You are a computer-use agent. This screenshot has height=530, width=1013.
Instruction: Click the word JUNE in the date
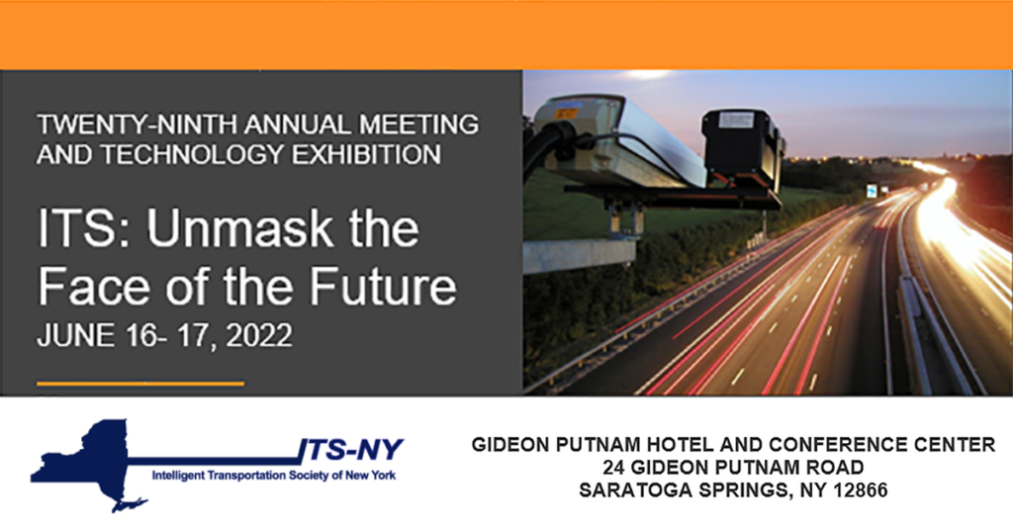(70, 336)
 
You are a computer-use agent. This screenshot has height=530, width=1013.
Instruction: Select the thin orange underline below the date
(139, 383)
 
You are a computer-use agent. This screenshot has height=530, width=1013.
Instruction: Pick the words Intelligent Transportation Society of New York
(271, 476)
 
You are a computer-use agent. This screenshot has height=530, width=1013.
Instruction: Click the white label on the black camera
(736, 120)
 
